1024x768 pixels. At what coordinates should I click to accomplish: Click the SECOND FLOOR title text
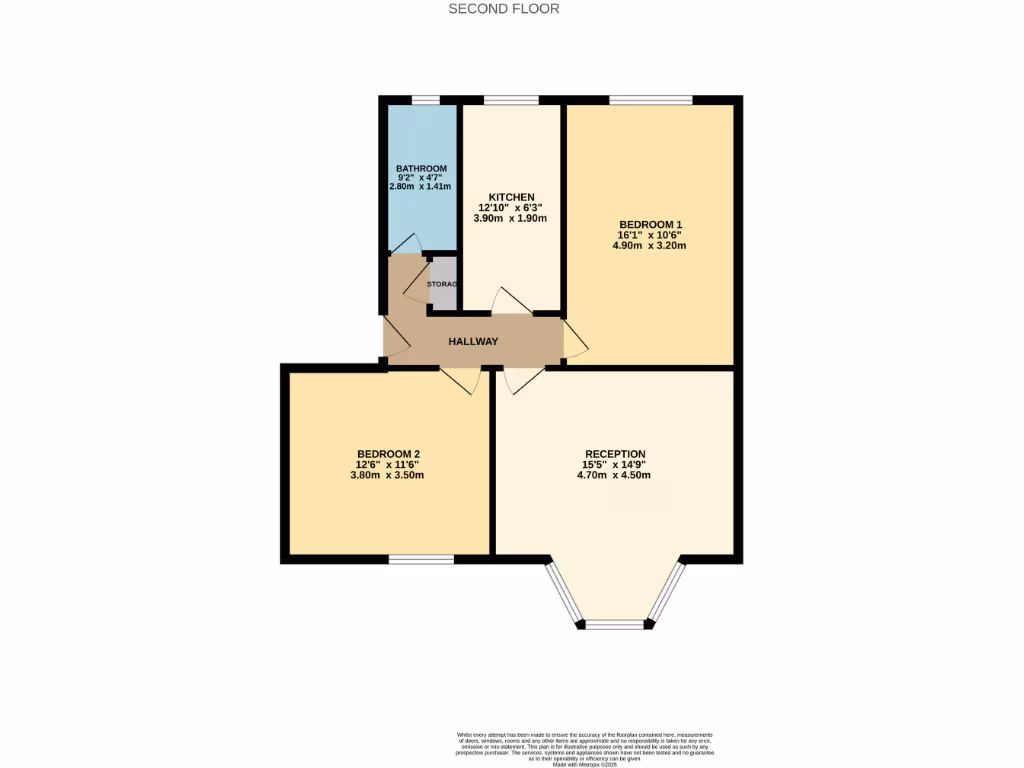click(x=503, y=9)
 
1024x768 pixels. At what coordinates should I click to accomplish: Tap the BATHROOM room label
click(x=421, y=168)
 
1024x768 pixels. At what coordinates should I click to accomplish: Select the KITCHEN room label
click(x=511, y=197)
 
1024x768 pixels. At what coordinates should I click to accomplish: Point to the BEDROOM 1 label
click(x=650, y=224)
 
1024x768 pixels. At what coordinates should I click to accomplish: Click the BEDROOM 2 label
click(x=388, y=454)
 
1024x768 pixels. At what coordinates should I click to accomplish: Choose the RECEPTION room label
click(x=615, y=454)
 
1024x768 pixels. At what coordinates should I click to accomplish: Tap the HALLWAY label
click(x=473, y=342)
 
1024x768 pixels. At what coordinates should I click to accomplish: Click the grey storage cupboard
click(x=443, y=284)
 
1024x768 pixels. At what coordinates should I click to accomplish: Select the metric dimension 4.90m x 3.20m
click(x=650, y=246)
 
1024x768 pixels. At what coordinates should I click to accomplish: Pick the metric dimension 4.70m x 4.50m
click(x=615, y=476)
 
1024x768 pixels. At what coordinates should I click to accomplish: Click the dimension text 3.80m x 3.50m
click(x=388, y=476)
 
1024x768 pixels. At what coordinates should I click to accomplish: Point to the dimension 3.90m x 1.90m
click(x=511, y=219)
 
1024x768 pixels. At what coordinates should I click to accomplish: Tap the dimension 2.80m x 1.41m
click(x=421, y=187)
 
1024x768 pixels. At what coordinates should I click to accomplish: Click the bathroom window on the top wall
click(x=426, y=100)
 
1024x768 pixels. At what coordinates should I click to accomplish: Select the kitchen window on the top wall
click(x=510, y=100)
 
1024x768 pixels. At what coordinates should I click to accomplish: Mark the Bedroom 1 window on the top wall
click(x=650, y=100)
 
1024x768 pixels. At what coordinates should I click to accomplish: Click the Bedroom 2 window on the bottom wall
click(x=421, y=560)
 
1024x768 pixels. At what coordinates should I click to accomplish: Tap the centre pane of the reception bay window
click(x=615, y=624)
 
